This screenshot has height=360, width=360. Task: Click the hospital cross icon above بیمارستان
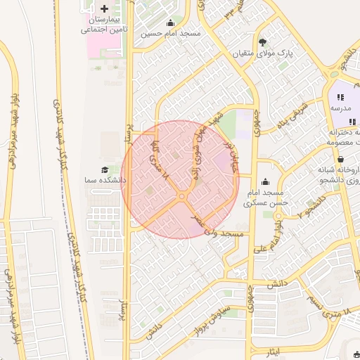pos(105,8)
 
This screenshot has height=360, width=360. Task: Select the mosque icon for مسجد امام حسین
pos(169,22)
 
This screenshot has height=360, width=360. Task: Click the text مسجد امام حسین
pos(170,33)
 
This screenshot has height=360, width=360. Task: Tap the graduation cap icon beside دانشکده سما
pos(105,169)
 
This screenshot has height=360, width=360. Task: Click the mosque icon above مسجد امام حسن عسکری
pos(264,182)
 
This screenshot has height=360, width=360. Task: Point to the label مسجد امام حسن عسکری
pos(263,198)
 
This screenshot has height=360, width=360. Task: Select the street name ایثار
pos(274,349)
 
